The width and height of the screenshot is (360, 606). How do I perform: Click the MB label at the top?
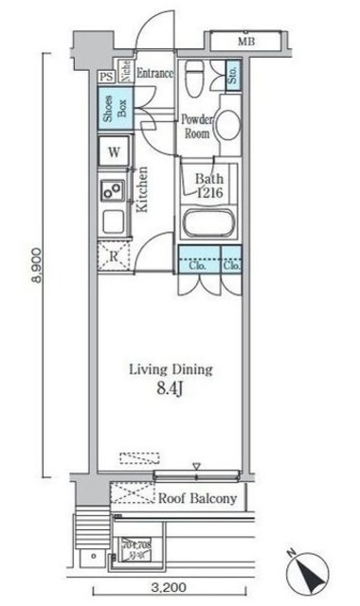(246, 43)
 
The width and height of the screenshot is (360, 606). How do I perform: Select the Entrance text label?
(155, 74)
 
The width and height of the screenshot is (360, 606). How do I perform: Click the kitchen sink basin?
(111, 189)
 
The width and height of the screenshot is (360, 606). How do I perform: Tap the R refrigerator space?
(113, 256)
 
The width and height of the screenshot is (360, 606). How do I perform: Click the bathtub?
(208, 225)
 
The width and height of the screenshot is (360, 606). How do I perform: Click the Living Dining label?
(171, 370)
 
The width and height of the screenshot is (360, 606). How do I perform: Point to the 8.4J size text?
(171, 388)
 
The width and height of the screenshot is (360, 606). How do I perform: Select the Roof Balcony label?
(196, 496)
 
